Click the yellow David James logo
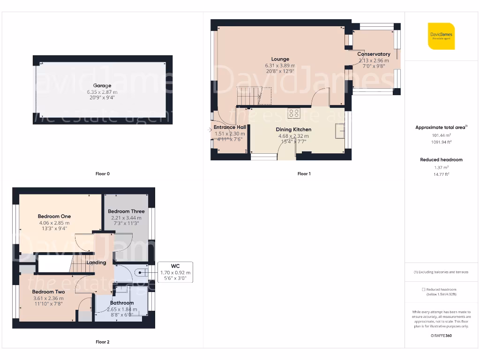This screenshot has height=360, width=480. [441, 36]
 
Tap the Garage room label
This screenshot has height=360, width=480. [102, 86]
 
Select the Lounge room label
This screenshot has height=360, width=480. [280, 60]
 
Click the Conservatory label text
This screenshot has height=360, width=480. [374, 54]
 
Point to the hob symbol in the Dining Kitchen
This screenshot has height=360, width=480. [294, 113]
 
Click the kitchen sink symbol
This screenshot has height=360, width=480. [339, 131]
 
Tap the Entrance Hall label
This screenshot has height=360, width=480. [230, 127]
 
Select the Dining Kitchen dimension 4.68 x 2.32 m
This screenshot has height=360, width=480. [293, 136]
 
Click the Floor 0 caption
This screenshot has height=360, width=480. [102, 174]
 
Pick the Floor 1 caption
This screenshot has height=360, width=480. [304, 174]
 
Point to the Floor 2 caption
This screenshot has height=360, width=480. [102, 342]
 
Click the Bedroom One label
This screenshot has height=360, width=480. [54, 217]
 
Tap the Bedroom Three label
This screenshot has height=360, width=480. [126, 211]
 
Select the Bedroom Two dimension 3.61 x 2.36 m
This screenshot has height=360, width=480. [48, 298]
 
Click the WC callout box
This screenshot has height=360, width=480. [175, 272]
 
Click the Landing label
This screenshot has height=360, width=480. [96, 262]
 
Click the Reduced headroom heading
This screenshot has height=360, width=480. [441, 160]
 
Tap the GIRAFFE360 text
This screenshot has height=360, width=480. [441, 336]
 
